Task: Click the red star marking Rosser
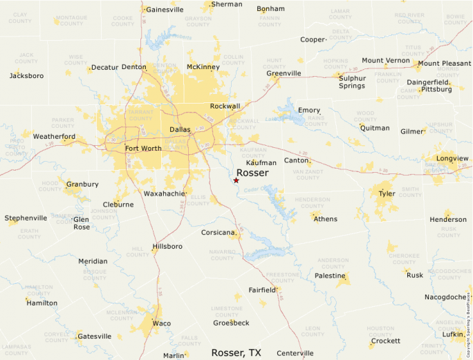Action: (x=236, y=180)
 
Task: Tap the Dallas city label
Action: (x=180, y=129)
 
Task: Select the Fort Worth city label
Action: (x=143, y=149)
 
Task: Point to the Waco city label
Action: (x=161, y=323)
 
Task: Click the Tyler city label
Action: (x=387, y=193)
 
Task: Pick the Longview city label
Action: (x=452, y=158)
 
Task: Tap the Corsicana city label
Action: (x=219, y=233)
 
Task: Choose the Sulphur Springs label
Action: (x=352, y=82)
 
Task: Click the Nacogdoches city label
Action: (x=446, y=297)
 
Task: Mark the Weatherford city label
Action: (x=54, y=137)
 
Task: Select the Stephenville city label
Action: (x=26, y=218)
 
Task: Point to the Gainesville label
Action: (x=165, y=10)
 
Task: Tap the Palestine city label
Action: (x=330, y=276)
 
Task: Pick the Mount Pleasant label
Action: (x=444, y=64)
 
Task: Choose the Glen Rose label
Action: (x=82, y=223)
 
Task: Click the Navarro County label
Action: (x=223, y=256)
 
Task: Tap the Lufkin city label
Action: (x=453, y=334)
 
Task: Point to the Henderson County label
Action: (x=313, y=202)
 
